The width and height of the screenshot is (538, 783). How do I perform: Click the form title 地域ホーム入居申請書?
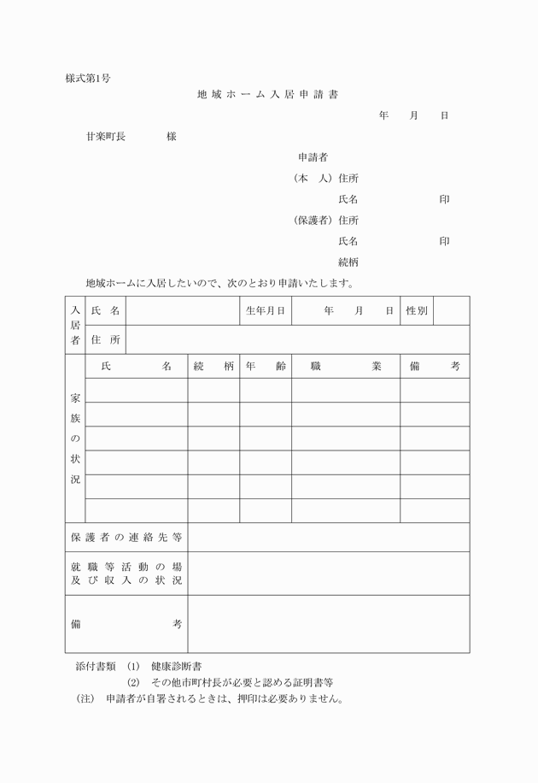tap(272, 95)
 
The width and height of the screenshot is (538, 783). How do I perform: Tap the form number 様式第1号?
tap(87, 79)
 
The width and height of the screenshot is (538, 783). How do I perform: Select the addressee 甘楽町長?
tap(105, 137)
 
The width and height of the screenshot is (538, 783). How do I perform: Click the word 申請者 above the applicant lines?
tap(313, 157)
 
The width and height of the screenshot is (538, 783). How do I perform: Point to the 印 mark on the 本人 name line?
tap(444, 199)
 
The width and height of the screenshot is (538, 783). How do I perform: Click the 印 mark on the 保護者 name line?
tap(444, 241)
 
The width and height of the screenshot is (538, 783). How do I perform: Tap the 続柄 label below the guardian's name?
tap(348, 262)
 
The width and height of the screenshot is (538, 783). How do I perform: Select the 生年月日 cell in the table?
tap(265, 311)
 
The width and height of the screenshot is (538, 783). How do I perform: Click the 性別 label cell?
tap(417, 311)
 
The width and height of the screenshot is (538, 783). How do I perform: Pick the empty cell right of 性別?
tap(452, 311)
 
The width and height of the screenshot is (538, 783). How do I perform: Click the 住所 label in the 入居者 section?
tap(106, 339)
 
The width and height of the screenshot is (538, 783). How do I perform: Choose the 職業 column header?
tap(346, 366)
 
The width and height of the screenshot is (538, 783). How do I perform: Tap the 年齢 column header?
tap(265, 366)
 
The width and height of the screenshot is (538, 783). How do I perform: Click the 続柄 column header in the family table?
tap(213, 366)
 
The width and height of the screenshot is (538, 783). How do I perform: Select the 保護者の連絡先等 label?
tap(126, 537)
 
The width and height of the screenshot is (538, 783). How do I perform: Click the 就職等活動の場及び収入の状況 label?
tap(126, 573)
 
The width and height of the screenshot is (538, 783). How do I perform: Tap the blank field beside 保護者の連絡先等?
tap(328, 537)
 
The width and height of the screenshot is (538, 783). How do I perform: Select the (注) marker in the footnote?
tap(87, 698)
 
